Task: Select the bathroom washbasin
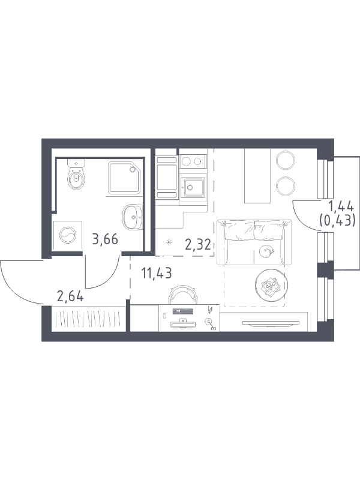coord(132,217)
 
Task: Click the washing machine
coord(68,235)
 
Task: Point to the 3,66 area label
coord(105,239)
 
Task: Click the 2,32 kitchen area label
coord(198,245)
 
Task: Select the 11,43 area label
coord(157,273)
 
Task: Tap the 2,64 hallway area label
coord(70,296)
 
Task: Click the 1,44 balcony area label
coord(341,207)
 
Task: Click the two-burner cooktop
coord(193,161)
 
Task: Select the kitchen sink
coord(193,187)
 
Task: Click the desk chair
coord(183,295)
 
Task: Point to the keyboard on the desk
coord(183,311)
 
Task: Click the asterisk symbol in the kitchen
coord(169,243)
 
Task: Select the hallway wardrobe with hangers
coord(89,319)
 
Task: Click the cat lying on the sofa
coord(266,251)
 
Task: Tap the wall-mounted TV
coord(271,322)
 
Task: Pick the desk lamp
coord(211,323)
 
